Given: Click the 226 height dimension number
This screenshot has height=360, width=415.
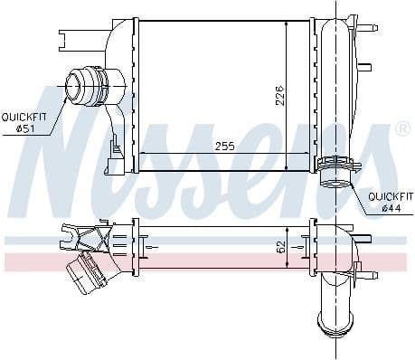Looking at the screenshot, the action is [x=280, y=96].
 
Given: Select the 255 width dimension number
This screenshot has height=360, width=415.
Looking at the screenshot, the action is [x=224, y=147].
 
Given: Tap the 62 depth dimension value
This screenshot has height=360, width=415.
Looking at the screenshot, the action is [x=281, y=247].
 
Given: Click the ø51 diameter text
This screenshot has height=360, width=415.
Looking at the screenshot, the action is [x=26, y=128].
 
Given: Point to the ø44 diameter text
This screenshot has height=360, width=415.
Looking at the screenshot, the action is [x=391, y=208].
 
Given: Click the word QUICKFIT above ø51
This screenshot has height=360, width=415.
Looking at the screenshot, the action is [x=24, y=118].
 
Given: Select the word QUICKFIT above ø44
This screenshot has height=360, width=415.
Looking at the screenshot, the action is [x=391, y=197].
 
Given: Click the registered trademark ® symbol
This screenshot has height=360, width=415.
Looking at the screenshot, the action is [x=404, y=128].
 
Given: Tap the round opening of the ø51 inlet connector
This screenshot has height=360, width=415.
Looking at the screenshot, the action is [x=72, y=86].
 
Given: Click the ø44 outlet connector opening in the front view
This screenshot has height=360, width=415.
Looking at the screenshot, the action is [x=335, y=183].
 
